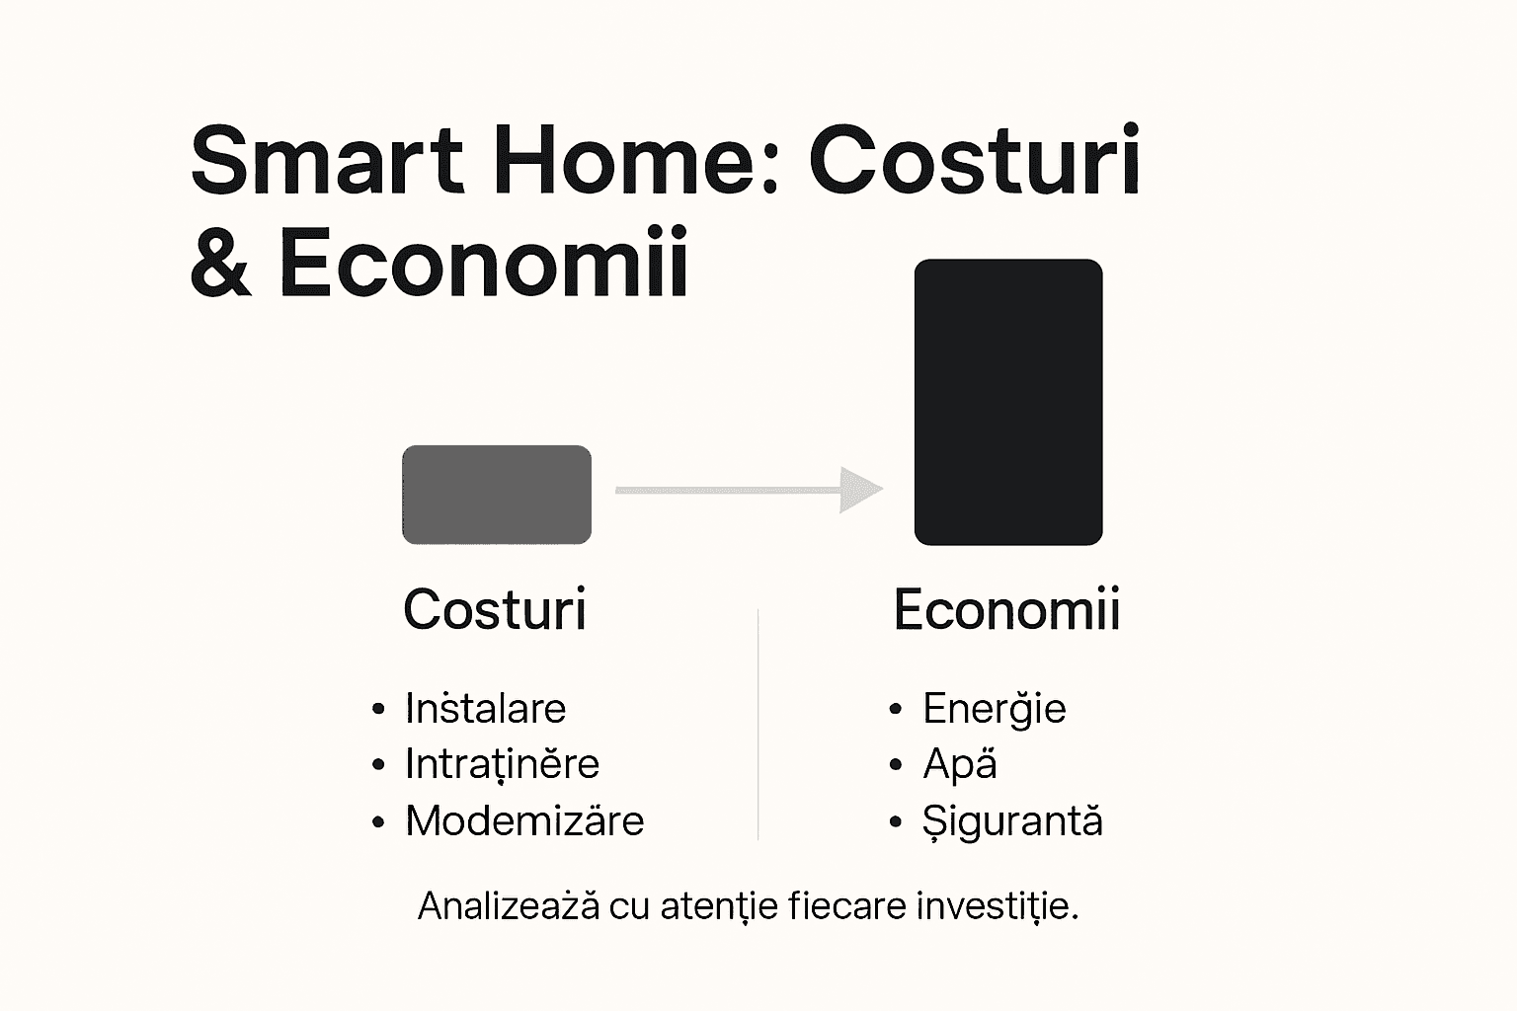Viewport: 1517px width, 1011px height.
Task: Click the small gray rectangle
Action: (x=497, y=495)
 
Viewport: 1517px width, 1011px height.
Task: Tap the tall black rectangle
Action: (x=1007, y=402)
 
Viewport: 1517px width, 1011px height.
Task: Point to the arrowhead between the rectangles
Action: (x=859, y=490)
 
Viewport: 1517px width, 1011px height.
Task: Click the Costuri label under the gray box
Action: (x=495, y=609)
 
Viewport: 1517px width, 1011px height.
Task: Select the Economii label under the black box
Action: (x=1006, y=609)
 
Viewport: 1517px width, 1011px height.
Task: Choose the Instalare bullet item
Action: (x=485, y=709)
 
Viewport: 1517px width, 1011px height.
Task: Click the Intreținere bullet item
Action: (x=502, y=764)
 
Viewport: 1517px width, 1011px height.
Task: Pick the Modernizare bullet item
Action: (x=524, y=821)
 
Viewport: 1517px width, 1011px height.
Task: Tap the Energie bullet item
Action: (x=994, y=709)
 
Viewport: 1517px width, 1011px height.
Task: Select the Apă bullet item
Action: (x=959, y=764)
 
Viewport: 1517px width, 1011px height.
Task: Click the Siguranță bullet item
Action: (x=1012, y=821)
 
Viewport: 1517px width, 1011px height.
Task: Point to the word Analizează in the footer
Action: (x=508, y=905)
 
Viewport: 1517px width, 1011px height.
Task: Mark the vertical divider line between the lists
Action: (x=758, y=726)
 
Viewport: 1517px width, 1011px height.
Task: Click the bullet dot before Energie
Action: (x=896, y=709)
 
